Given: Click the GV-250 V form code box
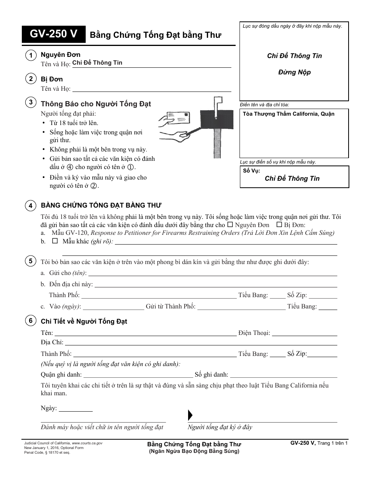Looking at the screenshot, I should pos(54,35).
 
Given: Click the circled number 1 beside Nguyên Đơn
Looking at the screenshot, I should pos(30,56).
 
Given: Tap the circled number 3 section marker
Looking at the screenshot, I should pos(30,103).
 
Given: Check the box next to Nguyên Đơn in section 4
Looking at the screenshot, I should pos(230,225).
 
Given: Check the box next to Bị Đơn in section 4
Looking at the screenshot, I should pos(279,225).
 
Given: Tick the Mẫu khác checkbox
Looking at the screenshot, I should pos(55,241).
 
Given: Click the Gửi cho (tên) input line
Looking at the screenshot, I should pos(212,273).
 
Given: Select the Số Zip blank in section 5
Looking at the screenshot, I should pos(323,296).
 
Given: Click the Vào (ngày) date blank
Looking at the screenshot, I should pos(113,307).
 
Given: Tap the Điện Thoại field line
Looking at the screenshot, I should pos(304,333).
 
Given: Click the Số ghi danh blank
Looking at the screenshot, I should pos(283,375).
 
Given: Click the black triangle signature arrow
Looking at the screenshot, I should pos(190,414).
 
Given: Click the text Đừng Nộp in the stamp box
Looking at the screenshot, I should pos(294,72).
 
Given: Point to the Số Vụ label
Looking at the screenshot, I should pos(251,171).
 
